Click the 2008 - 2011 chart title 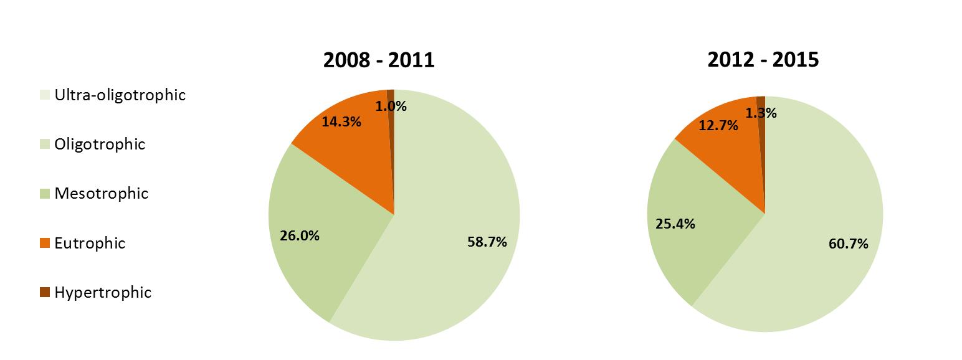378,60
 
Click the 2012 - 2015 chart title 763,60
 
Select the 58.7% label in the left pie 487,242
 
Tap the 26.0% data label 300,236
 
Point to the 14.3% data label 341,121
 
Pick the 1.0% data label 391,107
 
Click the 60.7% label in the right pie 848,244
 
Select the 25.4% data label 675,224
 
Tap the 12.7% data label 718,126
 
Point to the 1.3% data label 761,113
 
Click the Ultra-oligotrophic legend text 120,95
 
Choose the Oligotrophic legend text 100,144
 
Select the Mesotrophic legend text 101,194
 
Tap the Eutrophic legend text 90,243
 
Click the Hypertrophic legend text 103,292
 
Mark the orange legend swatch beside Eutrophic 44,244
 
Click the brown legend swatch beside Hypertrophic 44,293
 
